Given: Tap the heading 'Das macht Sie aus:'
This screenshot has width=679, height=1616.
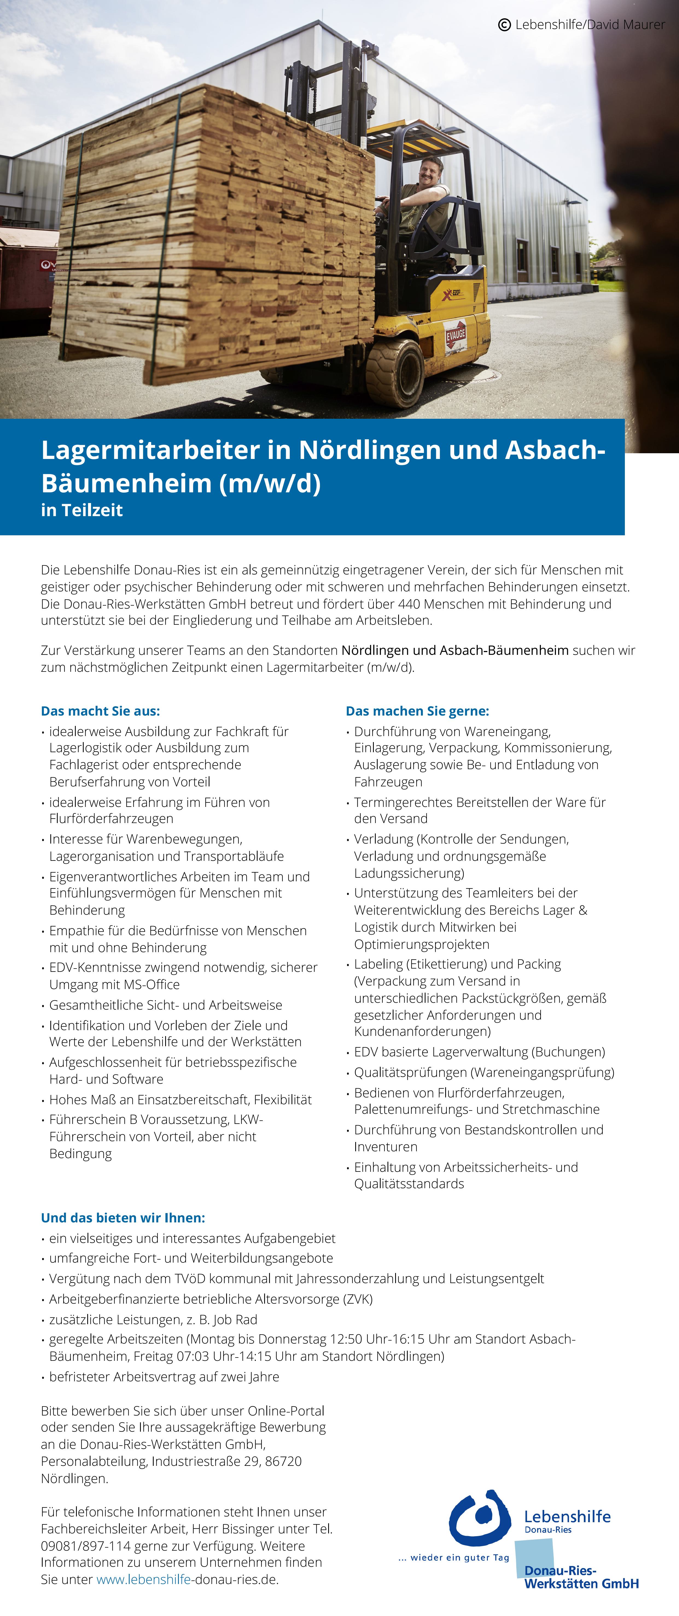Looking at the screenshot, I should [100, 711].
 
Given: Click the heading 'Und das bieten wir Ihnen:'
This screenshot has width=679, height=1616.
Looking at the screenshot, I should [123, 1218].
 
